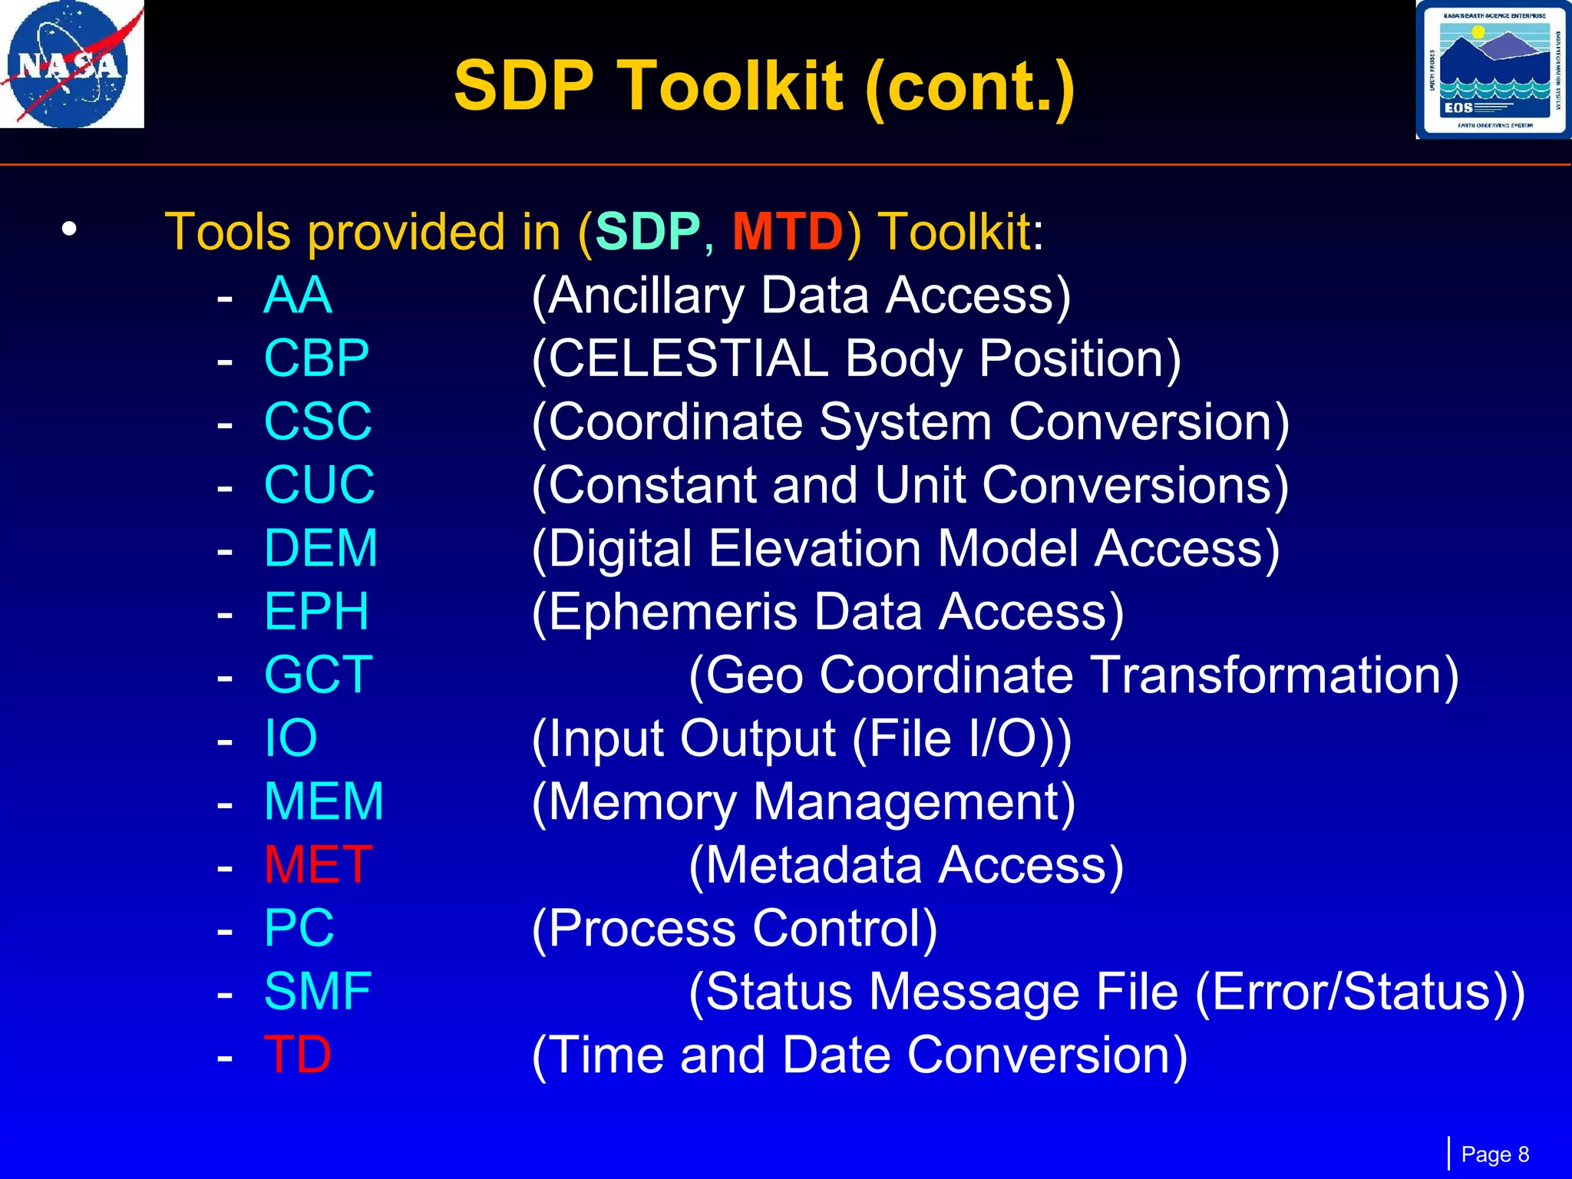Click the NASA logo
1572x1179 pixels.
[71, 64]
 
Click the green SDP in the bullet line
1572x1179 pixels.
[647, 231]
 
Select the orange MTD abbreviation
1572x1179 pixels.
[788, 231]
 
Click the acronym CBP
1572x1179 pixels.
[316, 358]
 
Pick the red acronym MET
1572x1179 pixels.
[318, 864]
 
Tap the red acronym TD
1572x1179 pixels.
[298, 1054]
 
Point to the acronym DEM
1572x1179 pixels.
[321, 548]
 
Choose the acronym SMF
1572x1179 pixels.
[318, 991]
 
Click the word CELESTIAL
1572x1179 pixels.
[689, 358]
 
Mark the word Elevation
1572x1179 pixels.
[814, 548]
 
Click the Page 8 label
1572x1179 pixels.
[1494, 1154]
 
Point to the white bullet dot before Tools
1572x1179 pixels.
[70, 229]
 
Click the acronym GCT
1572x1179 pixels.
[318, 675]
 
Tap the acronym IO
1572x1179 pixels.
[290, 738]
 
